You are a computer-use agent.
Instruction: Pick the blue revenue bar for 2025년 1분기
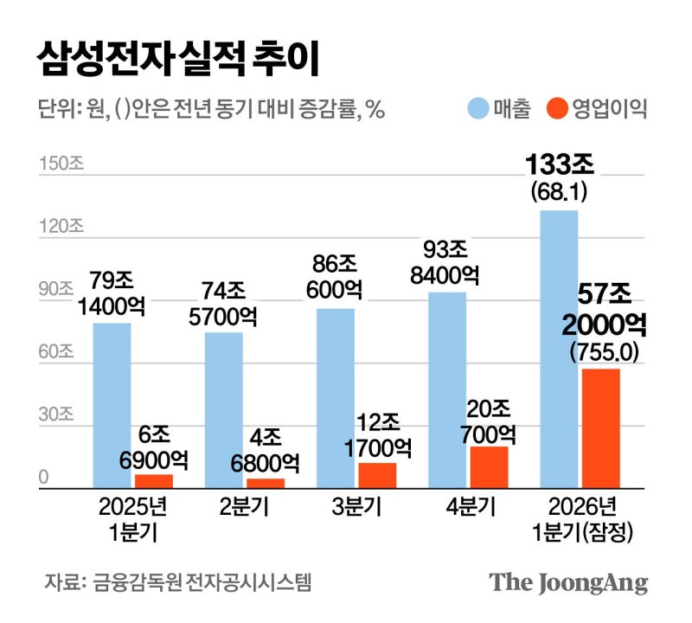click(112, 406)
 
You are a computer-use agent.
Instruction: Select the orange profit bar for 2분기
click(266, 483)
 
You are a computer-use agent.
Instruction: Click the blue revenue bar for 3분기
click(336, 398)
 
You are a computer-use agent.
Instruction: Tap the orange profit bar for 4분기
click(489, 467)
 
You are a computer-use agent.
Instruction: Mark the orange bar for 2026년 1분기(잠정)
click(600, 428)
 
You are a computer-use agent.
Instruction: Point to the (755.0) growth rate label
click(603, 352)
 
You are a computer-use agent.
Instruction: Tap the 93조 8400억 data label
click(447, 262)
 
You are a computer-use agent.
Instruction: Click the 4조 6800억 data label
click(266, 450)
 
